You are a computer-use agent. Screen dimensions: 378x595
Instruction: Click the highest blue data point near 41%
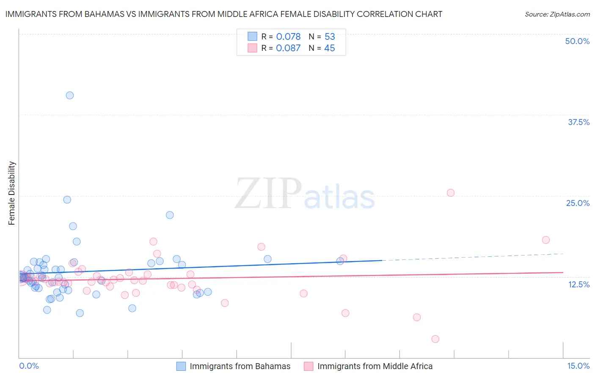point(70,95)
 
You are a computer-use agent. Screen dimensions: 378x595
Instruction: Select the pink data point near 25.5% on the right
point(451,193)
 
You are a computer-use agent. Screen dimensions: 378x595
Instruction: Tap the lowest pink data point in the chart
point(435,339)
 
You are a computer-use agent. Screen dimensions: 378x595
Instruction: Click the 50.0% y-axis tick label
point(577,41)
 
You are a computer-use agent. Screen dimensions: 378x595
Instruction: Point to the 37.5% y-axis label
point(578,122)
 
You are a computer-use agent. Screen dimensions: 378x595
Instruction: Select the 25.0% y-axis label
point(578,203)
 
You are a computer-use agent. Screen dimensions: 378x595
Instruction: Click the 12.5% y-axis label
point(578,284)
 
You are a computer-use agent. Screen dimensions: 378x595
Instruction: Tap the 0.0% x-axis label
point(29,366)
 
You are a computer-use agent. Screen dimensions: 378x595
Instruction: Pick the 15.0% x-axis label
point(578,366)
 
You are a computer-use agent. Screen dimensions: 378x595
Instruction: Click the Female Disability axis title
point(12,193)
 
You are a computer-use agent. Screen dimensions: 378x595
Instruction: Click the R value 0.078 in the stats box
point(288,37)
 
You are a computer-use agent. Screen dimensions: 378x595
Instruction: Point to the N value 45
point(329,48)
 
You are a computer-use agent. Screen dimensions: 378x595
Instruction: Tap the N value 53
point(330,37)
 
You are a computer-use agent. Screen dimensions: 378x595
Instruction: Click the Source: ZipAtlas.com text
point(557,14)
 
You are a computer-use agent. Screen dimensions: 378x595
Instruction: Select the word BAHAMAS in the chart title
point(105,14)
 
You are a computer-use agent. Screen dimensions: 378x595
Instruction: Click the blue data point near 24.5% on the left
point(67,200)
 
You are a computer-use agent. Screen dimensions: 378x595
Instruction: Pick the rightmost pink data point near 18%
point(546,240)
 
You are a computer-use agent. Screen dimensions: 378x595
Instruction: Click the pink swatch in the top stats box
point(252,48)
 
